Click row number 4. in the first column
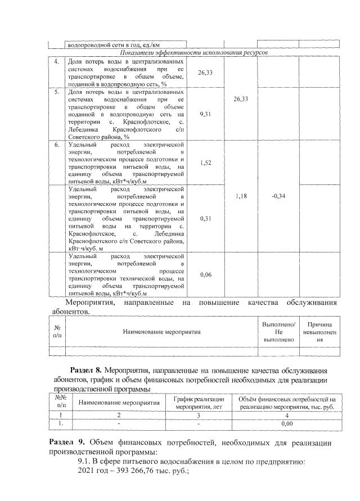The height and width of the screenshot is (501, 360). (57, 60)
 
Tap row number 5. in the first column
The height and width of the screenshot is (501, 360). (57, 91)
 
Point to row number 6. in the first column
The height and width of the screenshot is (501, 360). (57, 145)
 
